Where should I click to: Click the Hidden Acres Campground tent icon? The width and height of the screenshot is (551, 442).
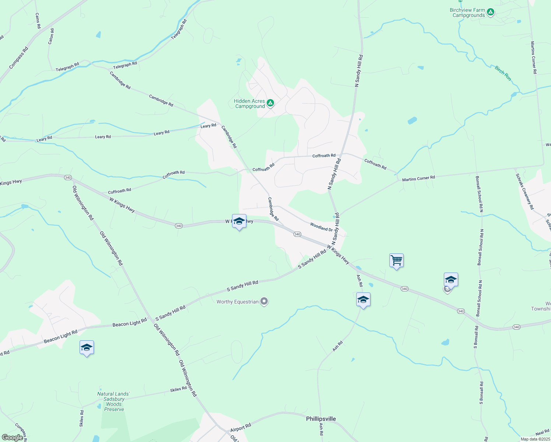tap(270, 103)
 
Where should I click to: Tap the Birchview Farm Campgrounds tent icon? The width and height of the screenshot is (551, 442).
tap(490, 13)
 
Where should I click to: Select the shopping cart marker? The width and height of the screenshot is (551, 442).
tap(396, 261)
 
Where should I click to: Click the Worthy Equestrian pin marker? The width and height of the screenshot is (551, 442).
tap(264, 302)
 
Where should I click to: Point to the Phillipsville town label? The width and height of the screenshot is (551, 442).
tap(321, 419)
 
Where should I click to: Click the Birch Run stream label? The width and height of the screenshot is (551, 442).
tap(503, 73)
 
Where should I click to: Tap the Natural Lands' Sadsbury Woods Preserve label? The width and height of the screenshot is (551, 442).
tap(113, 401)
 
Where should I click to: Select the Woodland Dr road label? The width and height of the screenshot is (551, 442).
tap(321, 227)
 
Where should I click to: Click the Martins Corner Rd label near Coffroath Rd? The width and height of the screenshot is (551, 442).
tap(418, 179)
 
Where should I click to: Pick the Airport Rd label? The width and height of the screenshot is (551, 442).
tap(241, 428)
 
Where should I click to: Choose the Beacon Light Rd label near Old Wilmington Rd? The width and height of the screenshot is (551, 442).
tap(130, 323)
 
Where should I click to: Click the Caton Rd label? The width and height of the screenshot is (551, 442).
tap(51, 36)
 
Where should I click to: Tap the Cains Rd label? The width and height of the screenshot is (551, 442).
tap(37, 21)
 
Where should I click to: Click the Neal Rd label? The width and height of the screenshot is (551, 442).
tap(542, 433)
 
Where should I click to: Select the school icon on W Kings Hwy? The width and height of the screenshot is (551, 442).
tap(239, 221)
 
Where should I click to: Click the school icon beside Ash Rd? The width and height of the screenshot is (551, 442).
tap(363, 299)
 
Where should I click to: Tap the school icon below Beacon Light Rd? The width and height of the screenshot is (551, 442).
tap(87, 347)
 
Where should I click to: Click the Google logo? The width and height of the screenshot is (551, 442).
tap(12, 437)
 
